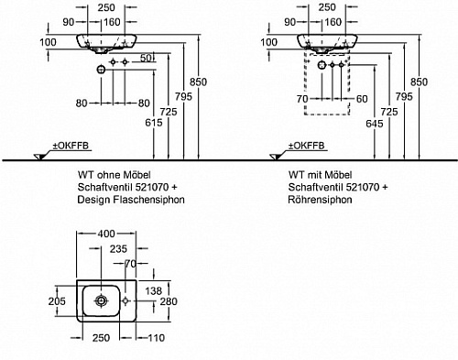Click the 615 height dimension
[x=154, y=123]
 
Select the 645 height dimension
[x=375, y=124]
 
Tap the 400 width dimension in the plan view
[x=106, y=234]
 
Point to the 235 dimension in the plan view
[x=118, y=249]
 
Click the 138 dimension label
[x=153, y=290]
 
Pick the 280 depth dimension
[x=169, y=301]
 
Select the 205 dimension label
[x=57, y=301]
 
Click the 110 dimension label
[x=157, y=338]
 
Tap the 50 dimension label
[x=146, y=58]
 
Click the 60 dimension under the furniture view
[x=362, y=99]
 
